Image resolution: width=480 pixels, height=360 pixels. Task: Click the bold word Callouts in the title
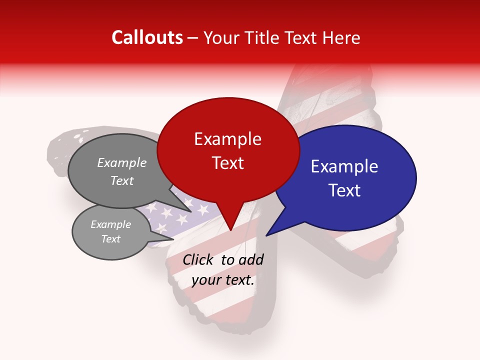(x=147, y=37)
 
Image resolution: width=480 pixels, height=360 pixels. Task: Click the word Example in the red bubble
(x=227, y=139)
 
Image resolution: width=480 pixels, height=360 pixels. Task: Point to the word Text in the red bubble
(x=227, y=163)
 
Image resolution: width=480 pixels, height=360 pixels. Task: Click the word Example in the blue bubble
(x=344, y=167)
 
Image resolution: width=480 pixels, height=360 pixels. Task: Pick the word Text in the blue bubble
(x=344, y=190)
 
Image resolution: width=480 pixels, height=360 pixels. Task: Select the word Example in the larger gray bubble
(x=122, y=163)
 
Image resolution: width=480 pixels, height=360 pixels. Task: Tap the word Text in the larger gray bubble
(x=122, y=180)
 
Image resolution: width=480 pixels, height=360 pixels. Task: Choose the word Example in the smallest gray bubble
(x=110, y=224)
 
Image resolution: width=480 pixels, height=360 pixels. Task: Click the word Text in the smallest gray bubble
(x=110, y=239)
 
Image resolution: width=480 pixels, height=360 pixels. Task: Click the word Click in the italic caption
(x=198, y=260)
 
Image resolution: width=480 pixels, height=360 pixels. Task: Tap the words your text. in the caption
(x=223, y=280)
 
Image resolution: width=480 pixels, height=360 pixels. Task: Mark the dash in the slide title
(x=193, y=38)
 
